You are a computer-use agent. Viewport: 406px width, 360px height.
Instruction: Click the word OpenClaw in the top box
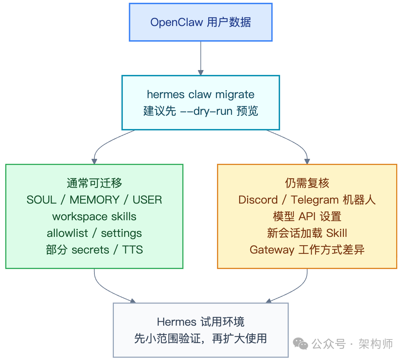pyautogui.click(x=177, y=23)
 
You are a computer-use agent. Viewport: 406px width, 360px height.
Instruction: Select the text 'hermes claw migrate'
pyautogui.click(x=201, y=94)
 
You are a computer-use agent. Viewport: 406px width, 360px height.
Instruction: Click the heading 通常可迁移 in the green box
pyautogui.click(x=94, y=183)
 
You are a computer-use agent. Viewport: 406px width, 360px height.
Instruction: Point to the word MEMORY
pyautogui.click(x=94, y=200)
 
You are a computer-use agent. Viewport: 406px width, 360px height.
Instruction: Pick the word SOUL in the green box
pyautogui.click(x=41, y=200)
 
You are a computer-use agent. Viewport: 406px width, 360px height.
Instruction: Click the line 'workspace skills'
pyautogui.click(x=94, y=216)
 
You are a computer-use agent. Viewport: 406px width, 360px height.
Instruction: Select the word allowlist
pyautogui.click(x=67, y=233)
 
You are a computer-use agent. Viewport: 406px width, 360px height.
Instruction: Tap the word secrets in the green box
pyautogui.click(x=90, y=250)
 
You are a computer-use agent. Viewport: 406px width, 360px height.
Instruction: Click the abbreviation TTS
pyautogui.click(x=133, y=250)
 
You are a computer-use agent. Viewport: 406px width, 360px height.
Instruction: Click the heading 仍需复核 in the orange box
pyautogui.click(x=307, y=183)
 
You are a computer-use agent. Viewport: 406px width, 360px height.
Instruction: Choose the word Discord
pyautogui.click(x=258, y=200)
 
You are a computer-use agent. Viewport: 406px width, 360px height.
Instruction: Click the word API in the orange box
pyautogui.click(x=307, y=216)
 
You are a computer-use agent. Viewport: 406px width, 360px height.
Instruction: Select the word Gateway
pyautogui.click(x=272, y=250)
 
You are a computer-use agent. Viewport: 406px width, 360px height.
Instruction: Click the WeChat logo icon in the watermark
pyautogui.click(x=300, y=344)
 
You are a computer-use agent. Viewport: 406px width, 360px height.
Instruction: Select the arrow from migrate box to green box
pyautogui.click(x=104, y=144)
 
